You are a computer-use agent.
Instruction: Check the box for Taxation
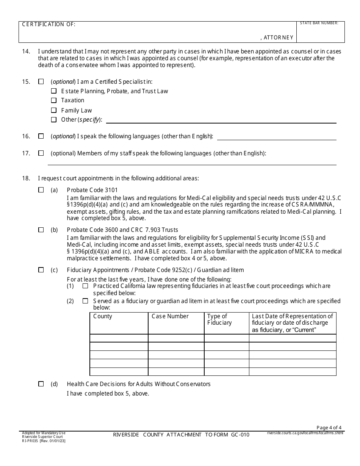(53, 100)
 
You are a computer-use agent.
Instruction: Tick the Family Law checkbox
(53, 110)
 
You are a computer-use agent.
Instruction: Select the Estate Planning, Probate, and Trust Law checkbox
(53, 91)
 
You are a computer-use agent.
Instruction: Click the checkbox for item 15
(41, 81)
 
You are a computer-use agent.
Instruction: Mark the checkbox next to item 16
(41, 136)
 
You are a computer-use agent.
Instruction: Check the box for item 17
(41, 153)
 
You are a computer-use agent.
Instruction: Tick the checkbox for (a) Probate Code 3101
(41, 190)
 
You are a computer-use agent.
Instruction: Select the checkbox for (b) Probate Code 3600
(41, 230)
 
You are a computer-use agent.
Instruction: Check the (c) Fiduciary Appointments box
(41, 270)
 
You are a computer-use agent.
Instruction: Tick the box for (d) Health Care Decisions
(41, 384)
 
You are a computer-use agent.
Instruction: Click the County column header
(103, 316)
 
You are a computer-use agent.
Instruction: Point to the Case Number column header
(170, 316)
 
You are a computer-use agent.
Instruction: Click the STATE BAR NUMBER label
(319, 23)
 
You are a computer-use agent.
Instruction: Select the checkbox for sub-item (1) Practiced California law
(85, 286)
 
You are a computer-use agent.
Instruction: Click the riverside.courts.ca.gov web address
(305, 433)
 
